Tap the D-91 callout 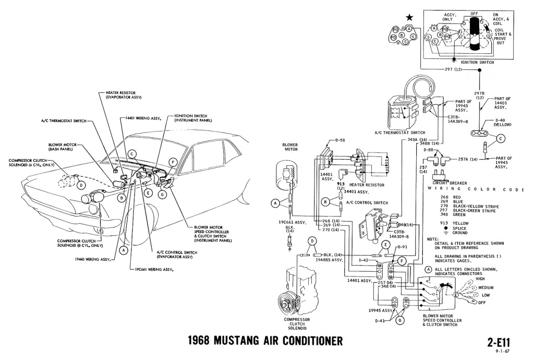[x=402, y=247]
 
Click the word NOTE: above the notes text [x=432, y=238]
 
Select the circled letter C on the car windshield [x=132, y=154]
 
